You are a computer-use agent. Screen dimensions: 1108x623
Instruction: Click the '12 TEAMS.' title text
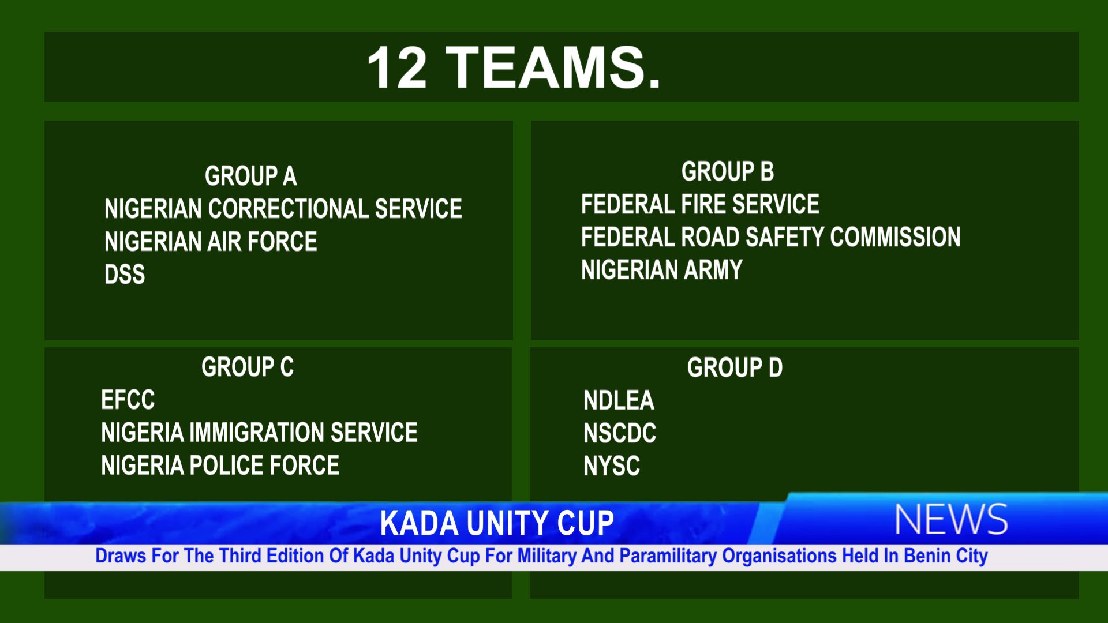pyautogui.click(x=514, y=67)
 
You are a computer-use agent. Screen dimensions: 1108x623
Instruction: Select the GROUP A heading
pyautogui.click(x=250, y=176)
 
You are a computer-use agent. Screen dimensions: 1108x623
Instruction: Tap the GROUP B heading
pyautogui.click(x=727, y=171)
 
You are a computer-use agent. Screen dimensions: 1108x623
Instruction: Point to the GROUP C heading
pyautogui.click(x=248, y=367)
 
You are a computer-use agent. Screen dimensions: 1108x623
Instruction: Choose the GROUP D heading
pyautogui.click(x=735, y=367)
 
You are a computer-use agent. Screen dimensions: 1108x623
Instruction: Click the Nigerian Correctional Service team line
pyautogui.click(x=283, y=209)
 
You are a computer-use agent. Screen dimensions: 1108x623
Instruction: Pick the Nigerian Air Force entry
pyautogui.click(x=211, y=242)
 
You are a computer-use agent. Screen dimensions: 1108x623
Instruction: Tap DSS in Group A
pyautogui.click(x=125, y=275)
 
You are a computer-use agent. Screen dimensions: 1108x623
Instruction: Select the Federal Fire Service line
pyautogui.click(x=700, y=204)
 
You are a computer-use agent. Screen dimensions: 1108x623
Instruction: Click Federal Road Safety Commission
pyautogui.click(x=771, y=237)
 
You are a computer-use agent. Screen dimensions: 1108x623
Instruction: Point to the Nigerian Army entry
pyautogui.click(x=661, y=270)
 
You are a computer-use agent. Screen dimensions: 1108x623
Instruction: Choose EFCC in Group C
pyautogui.click(x=128, y=400)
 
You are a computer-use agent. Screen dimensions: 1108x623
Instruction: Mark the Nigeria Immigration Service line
pyautogui.click(x=259, y=433)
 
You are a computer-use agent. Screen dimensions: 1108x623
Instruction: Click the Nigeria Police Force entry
pyautogui.click(x=220, y=466)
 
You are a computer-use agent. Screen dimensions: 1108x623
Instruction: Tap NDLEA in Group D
pyautogui.click(x=619, y=400)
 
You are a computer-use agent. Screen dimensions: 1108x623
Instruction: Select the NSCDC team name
pyautogui.click(x=620, y=433)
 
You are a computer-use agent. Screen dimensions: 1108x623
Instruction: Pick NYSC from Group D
pyautogui.click(x=612, y=466)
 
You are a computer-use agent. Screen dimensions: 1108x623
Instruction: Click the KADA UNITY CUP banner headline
pyautogui.click(x=497, y=523)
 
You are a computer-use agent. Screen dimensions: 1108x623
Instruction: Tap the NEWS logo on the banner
pyautogui.click(x=951, y=519)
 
